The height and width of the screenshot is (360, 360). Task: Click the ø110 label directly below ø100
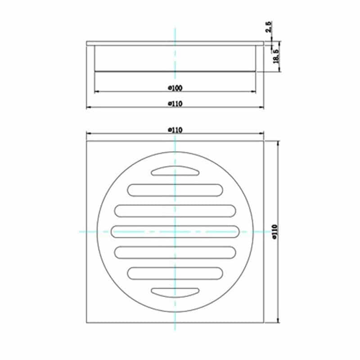[175, 103]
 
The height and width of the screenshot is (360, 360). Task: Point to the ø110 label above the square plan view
[175, 130]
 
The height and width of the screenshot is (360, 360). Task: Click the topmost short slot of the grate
[175, 171]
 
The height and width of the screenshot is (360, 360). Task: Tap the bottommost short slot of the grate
[175, 292]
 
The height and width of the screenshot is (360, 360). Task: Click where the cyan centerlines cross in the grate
[175, 231]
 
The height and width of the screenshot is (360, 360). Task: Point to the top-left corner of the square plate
[86, 140]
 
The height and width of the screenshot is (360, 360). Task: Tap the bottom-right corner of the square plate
[264, 322]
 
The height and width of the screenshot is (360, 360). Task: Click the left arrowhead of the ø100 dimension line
[96, 92]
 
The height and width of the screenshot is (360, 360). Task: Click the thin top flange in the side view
[175, 43]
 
